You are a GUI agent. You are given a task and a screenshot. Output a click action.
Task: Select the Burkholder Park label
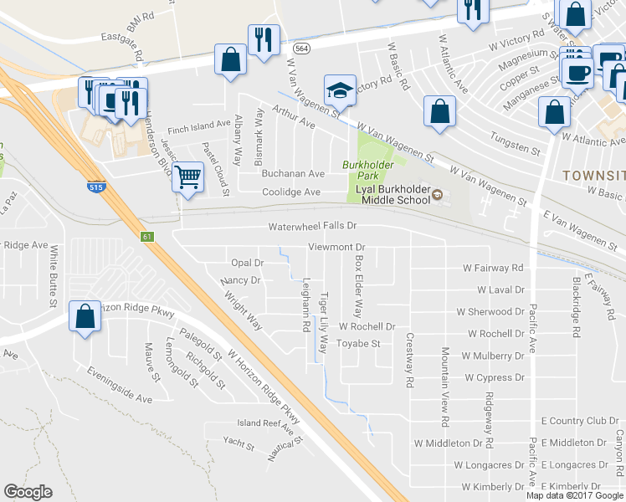367,171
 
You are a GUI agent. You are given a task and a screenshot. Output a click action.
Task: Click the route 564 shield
304,49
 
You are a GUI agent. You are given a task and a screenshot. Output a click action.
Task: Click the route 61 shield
147,238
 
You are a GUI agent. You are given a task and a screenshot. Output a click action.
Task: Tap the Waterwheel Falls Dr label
312,226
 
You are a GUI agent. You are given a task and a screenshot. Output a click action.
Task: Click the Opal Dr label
247,263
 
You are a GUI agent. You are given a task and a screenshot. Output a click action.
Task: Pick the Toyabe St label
358,343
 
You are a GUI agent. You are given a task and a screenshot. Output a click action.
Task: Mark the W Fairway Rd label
493,268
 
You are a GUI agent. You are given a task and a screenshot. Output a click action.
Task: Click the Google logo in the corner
28,492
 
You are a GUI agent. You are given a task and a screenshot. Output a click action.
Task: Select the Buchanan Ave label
293,173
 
